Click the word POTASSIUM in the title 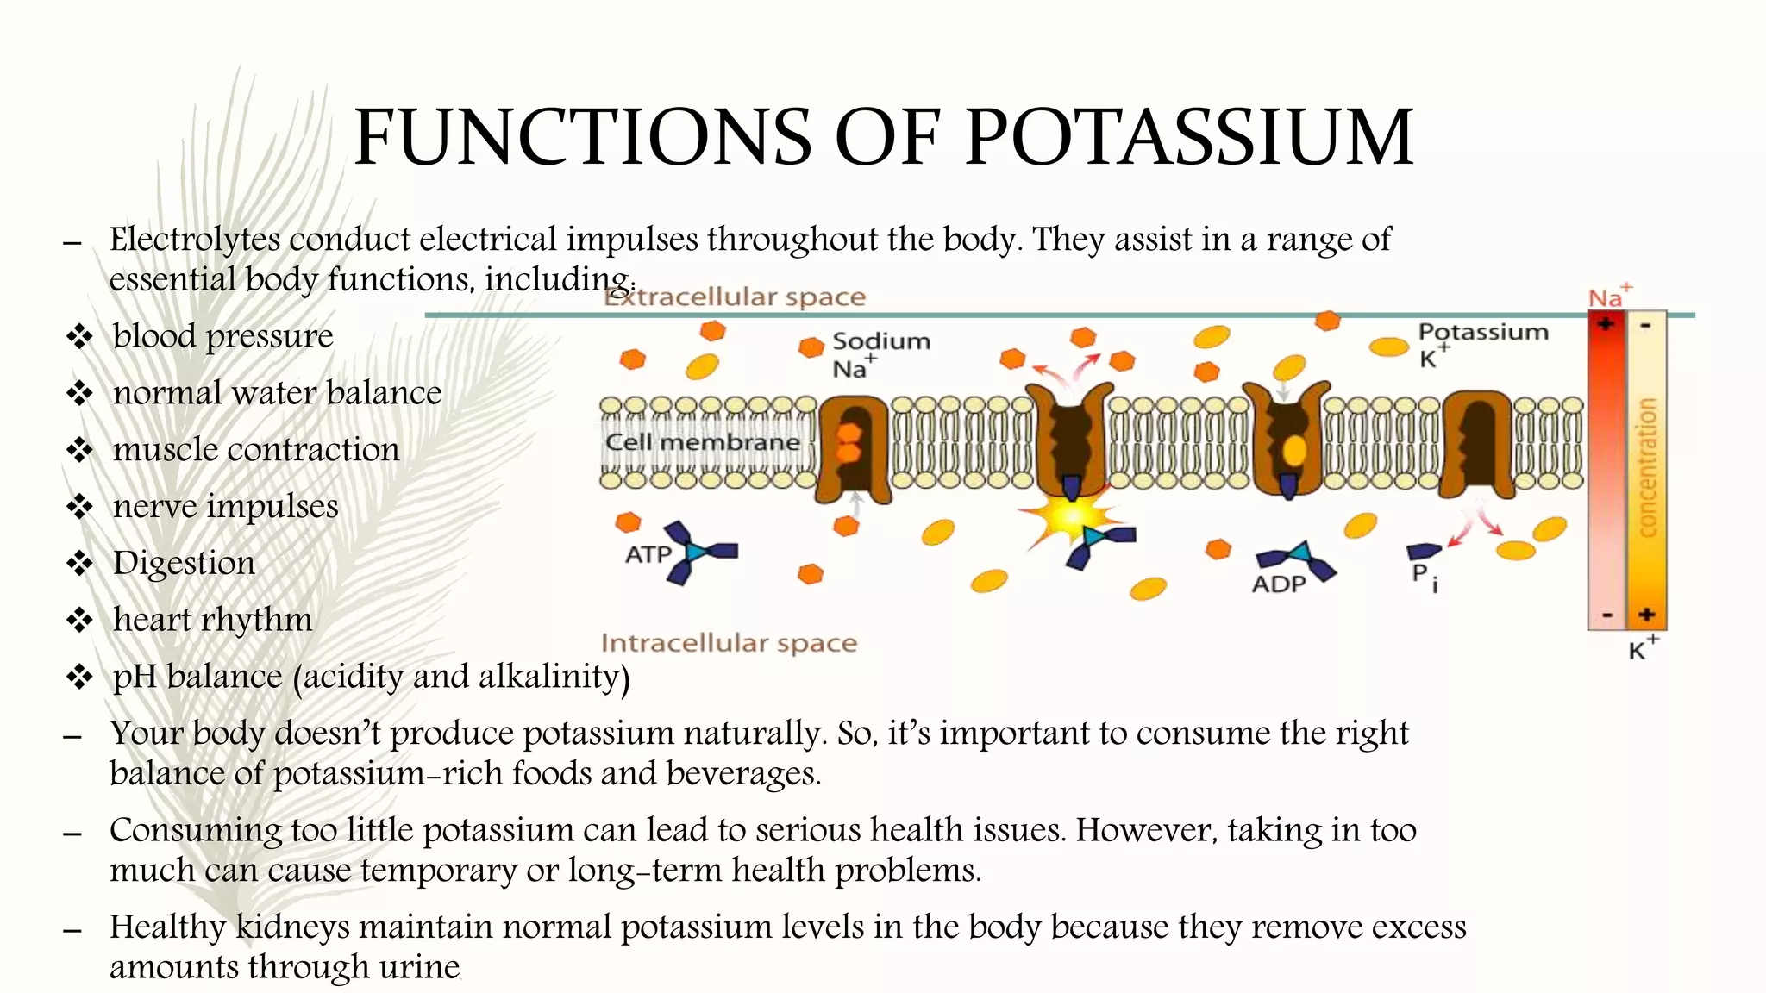1189,138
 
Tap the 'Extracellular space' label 735,297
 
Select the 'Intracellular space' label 729,643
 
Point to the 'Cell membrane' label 702,442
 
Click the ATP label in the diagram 648,554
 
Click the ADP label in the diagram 1279,584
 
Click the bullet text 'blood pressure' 222,336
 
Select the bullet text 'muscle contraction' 256,450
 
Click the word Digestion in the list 184,564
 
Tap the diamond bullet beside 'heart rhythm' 79,620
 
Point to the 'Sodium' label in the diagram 881,341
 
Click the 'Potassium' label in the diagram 1483,333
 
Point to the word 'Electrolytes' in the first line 195,240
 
